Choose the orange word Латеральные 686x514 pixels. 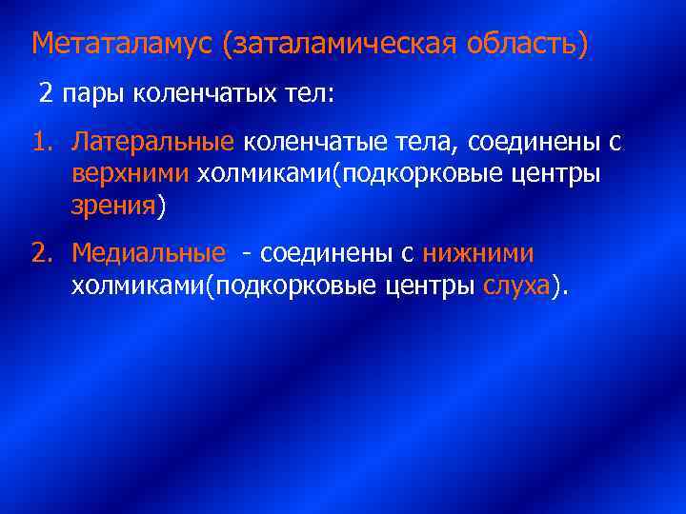[153, 143]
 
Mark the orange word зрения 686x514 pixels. [112, 207]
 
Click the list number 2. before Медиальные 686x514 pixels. [43, 254]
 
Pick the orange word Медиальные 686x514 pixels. [149, 254]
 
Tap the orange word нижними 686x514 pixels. [478, 254]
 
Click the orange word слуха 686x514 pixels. [517, 287]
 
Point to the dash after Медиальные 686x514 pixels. [247, 254]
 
